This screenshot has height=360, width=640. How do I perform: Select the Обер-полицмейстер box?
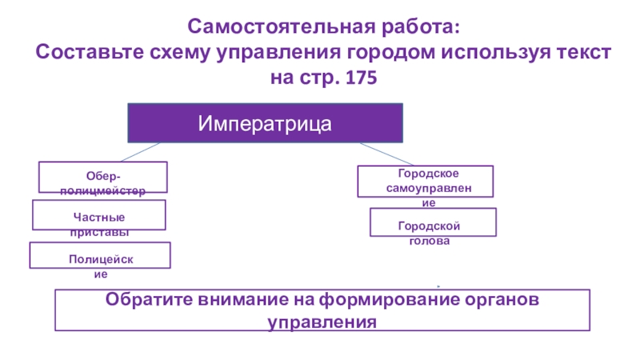[x=103, y=177]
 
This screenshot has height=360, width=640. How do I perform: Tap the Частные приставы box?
[x=98, y=215]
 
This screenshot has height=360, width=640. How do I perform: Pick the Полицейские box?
[x=100, y=256]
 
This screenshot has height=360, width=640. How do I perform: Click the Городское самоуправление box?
[x=425, y=182]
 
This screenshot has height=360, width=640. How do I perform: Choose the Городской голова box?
[x=433, y=222]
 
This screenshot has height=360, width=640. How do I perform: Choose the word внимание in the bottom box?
[x=245, y=301]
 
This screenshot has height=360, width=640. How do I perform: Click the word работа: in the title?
[x=417, y=29]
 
